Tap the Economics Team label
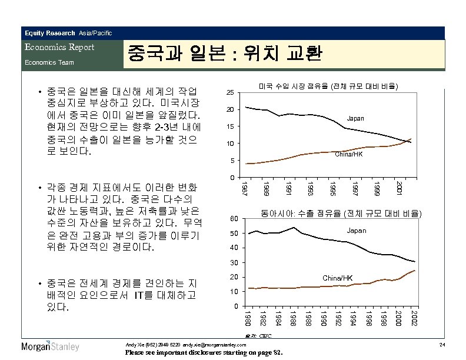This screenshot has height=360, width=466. [48, 62]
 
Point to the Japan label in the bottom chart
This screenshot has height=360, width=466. [356, 231]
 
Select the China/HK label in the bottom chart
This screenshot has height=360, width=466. [338, 277]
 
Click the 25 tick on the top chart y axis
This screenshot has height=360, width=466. [231, 93]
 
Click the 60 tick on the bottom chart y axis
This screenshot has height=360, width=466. [234, 219]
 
